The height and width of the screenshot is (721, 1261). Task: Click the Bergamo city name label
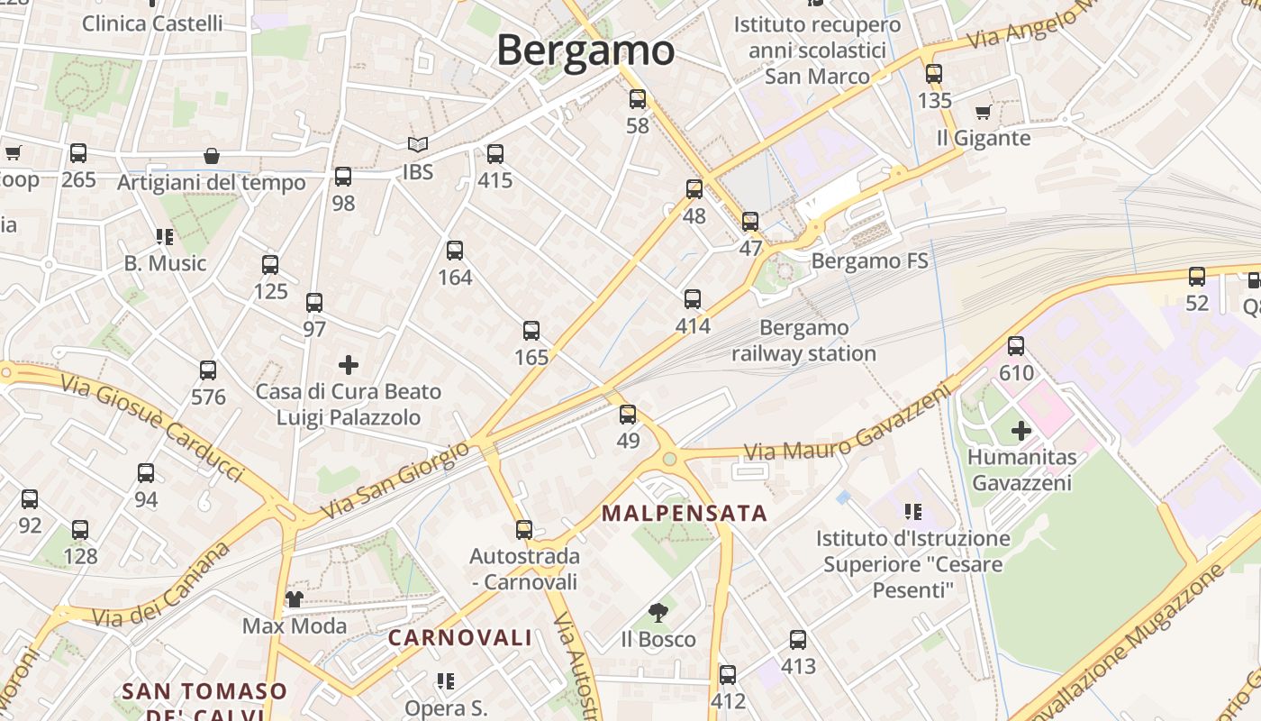tap(585, 50)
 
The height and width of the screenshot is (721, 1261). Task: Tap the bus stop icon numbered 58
tap(638, 99)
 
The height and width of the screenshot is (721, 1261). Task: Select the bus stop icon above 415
tap(494, 154)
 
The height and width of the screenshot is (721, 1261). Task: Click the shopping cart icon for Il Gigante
tap(983, 113)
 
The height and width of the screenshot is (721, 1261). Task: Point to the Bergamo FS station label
tap(869, 261)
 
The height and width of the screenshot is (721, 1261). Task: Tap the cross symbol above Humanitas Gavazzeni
tap(1021, 431)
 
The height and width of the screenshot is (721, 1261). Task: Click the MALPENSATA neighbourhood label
tap(685, 514)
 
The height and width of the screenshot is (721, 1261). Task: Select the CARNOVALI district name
tap(460, 638)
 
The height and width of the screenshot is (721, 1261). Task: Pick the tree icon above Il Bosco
tap(658, 613)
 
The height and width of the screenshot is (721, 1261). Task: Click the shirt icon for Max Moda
tap(294, 598)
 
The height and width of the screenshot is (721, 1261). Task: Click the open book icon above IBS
tap(417, 144)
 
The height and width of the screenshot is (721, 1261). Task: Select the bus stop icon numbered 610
tap(1016, 346)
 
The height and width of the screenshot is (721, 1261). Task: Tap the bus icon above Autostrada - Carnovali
tap(524, 530)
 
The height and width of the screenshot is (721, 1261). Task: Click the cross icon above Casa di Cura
tap(349, 365)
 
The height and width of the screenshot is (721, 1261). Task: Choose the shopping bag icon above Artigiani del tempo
tap(212, 157)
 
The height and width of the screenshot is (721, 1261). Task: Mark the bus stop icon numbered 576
tap(208, 370)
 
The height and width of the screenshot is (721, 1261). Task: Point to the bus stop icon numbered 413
tap(798, 640)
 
